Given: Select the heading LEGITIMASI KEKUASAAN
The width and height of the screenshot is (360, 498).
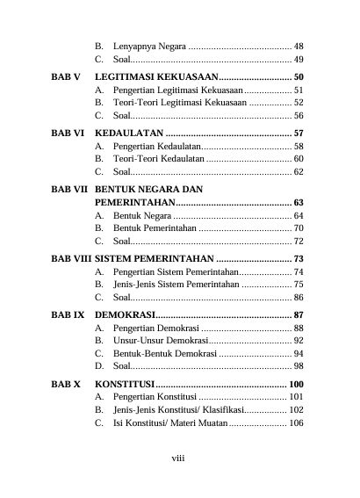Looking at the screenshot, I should coord(155,77).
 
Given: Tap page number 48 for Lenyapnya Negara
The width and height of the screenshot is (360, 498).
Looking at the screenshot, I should coord(299,46).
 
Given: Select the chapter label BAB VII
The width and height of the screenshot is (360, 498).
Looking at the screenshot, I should coord(69,189).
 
